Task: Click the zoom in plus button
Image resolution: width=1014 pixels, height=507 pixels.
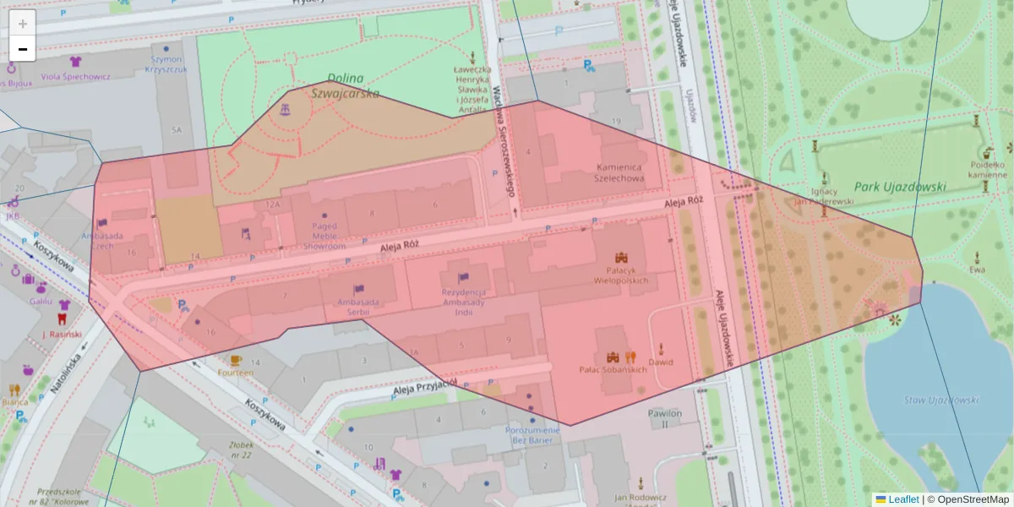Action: click(x=23, y=24)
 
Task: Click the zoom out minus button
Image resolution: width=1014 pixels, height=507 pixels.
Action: click(x=23, y=49)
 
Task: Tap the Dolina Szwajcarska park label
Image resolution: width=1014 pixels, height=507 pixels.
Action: click(x=345, y=85)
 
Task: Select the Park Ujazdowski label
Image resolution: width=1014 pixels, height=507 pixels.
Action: click(x=900, y=187)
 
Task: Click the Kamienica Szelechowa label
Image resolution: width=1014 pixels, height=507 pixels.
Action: click(x=619, y=173)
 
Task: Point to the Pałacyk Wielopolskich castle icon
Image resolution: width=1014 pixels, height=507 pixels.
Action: click(x=623, y=258)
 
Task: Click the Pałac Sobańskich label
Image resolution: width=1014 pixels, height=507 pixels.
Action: click(x=613, y=369)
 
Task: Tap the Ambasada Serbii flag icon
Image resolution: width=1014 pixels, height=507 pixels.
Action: click(x=358, y=290)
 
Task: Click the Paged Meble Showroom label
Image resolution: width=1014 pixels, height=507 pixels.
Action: click(x=324, y=236)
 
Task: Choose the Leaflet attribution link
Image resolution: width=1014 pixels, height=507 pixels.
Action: click(x=902, y=499)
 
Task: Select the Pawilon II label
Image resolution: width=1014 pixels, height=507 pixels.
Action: click(x=664, y=418)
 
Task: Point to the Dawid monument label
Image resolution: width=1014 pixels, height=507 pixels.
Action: click(x=660, y=362)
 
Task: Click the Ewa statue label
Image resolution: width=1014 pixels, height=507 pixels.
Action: click(x=978, y=270)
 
